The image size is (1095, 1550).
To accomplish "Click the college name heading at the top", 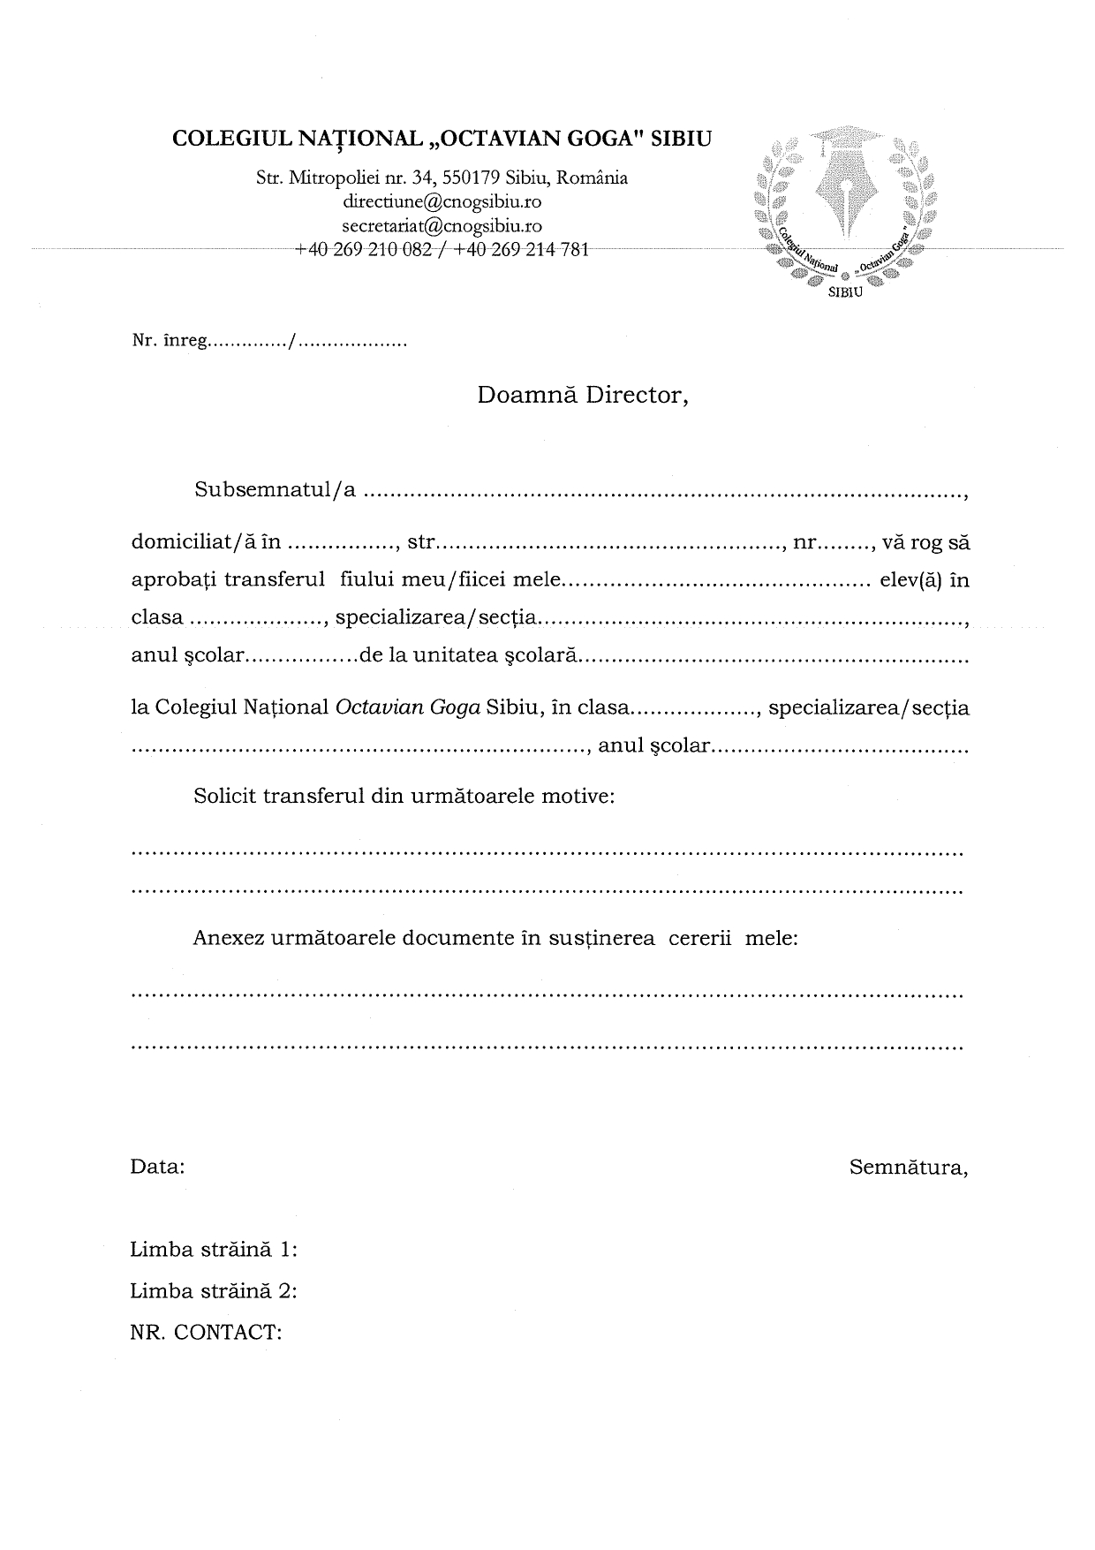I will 442,139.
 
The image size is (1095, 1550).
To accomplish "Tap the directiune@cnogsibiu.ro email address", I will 442,201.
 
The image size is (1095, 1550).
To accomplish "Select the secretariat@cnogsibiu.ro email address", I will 442,226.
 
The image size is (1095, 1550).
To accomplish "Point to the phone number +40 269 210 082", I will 363,250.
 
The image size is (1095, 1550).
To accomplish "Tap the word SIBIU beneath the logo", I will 845,293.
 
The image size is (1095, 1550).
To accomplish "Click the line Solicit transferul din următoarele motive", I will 404,796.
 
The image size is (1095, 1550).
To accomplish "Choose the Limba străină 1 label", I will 213,1250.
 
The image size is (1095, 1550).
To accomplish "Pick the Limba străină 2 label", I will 213,1290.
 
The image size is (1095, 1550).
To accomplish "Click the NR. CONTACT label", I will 206,1332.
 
